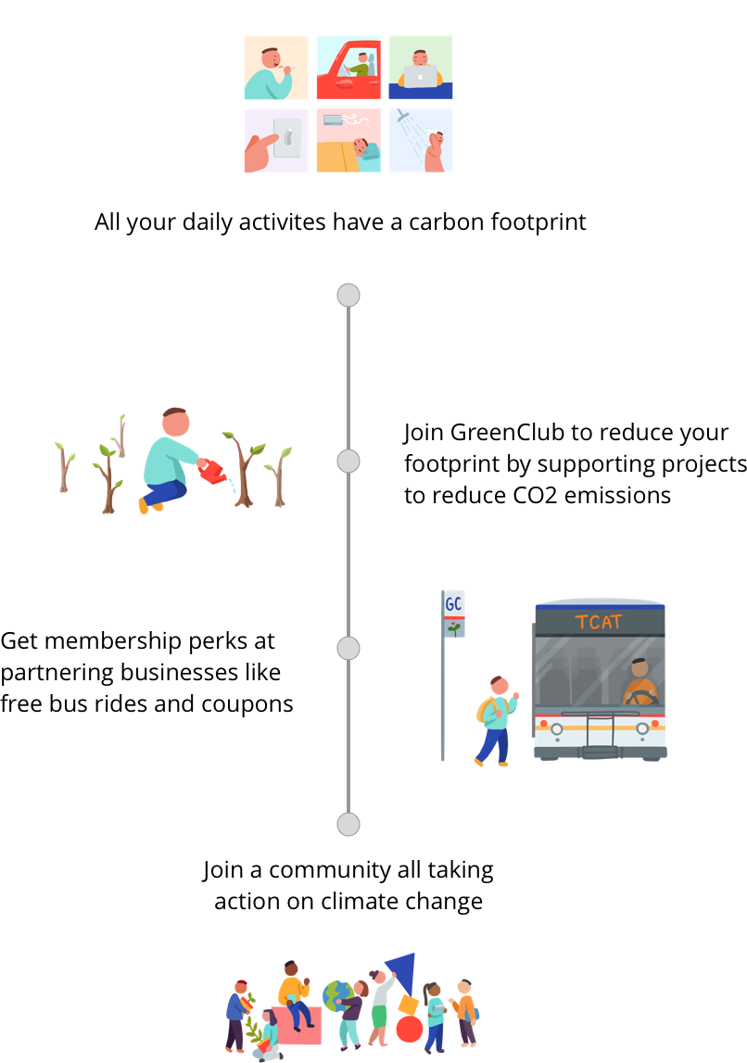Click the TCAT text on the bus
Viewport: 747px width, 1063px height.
[x=599, y=622]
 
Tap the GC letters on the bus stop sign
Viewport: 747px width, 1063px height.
[x=453, y=604]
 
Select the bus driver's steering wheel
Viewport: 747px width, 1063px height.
[x=641, y=698]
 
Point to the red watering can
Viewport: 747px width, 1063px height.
[x=213, y=474]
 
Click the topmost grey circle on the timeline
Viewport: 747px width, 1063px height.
[x=348, y=296]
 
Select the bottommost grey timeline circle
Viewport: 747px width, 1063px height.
[x=348, y=824]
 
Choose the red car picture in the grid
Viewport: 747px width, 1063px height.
[x=348, y=68]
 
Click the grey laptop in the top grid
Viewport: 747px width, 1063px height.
[x=420, y=76]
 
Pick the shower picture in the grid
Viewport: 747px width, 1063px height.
[x=421, y=141]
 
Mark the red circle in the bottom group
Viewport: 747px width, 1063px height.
[x=410, y=1029]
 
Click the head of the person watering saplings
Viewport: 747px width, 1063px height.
[x=176, y=423]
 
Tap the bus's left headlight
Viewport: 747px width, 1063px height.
[x=557, y=728]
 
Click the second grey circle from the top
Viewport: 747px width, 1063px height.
[x=348, y=461]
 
